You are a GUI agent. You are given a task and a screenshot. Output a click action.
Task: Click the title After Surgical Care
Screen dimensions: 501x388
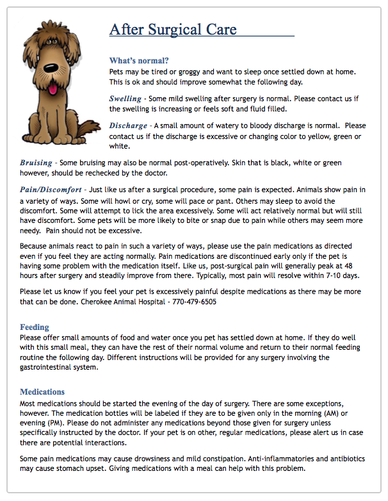173,29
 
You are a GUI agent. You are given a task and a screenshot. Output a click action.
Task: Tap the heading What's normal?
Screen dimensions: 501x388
139,61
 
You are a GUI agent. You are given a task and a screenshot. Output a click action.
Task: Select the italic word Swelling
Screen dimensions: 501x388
125,99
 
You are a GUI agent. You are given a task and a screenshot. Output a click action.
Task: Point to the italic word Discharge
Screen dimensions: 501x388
128,126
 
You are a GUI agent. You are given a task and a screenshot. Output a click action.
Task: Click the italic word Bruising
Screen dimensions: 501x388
36,163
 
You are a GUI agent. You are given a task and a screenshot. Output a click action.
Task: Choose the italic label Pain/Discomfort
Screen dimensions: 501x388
51,190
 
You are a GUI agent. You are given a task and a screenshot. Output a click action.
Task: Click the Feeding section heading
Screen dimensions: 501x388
35,327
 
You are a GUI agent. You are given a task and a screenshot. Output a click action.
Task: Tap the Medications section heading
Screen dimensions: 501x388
42,391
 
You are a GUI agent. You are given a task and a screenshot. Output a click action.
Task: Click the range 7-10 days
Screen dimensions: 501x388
339,275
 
